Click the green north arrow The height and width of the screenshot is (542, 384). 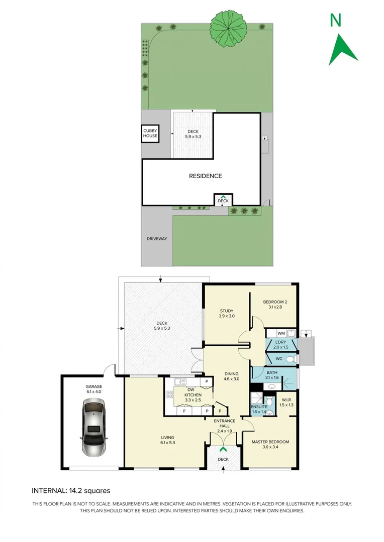tap(343, 49)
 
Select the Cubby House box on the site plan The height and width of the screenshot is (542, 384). tap(150, 133)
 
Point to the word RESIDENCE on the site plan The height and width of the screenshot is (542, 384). tap(205, 176)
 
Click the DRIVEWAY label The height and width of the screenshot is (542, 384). tap(157, 239)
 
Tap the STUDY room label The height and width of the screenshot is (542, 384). tap(226, 311)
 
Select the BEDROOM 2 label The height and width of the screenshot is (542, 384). tap(275, 302)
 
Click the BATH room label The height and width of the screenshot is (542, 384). tap(258, 371)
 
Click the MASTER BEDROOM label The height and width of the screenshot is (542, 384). tap(270, 442)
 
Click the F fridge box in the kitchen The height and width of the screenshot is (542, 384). tap(184, 411)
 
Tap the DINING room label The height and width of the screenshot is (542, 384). tap(231, 374)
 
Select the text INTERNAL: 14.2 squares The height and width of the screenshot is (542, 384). tap(71, 491)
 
